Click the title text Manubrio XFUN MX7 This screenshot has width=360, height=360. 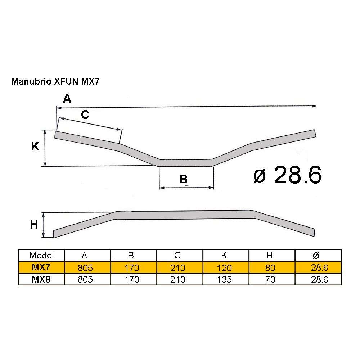[55, 81]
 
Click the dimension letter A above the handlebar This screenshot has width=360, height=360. [67, 99]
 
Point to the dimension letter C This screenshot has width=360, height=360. [85, 115]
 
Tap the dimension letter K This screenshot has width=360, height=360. [35, 147]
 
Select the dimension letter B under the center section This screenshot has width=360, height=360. [184, 179]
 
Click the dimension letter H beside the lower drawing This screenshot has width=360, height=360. [34, 225]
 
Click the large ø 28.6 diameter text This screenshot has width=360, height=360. [287, 176]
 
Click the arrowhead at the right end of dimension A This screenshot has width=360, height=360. [315, 106]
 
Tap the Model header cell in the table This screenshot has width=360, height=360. [41, 255]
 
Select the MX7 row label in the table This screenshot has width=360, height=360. [41, 268]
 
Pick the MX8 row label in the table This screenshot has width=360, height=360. [41, 280]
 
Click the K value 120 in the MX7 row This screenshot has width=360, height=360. [224, 268]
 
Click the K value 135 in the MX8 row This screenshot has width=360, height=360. [224, 280]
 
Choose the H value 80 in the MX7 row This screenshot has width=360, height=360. [270, 268]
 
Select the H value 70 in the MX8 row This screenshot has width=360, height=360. [270, 280]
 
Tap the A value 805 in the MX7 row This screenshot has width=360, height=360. [85, 268]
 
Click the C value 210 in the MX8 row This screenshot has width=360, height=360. [177, 280]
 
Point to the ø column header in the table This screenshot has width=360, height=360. [316, 255]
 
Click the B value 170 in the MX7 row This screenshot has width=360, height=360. [131, 268]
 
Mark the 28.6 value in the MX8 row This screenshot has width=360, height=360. [318, 280]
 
